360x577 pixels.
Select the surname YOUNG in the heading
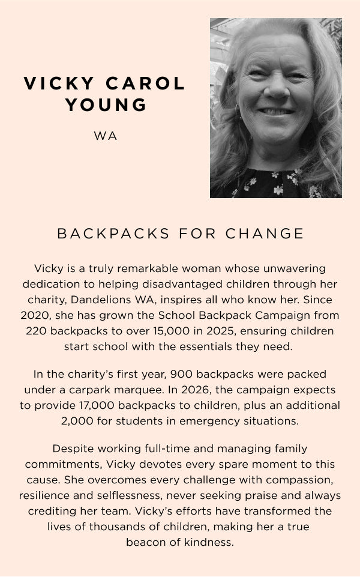pos(106,104)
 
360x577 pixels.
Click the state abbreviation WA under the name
pos(106,136)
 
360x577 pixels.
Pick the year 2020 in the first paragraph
pos(35,315)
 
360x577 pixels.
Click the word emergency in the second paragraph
pos(193,421)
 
